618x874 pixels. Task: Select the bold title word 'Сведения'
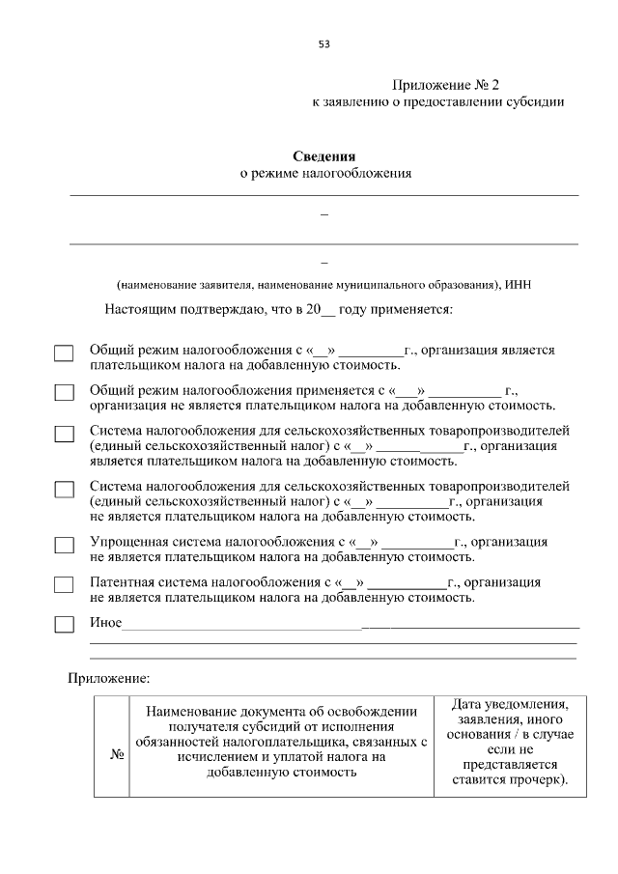(324, 156)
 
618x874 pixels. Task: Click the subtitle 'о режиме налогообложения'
(325, 174)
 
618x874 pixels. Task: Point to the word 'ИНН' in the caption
(518, 285)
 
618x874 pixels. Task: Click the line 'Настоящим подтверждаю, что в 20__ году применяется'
(279, 310)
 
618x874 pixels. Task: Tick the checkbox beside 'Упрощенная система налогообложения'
(64, 546)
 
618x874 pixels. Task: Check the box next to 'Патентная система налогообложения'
(64, 585)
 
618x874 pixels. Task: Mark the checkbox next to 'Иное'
(64, 624)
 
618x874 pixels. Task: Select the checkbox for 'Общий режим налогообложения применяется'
(64, 393)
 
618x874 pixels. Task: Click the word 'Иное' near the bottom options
(105, 623)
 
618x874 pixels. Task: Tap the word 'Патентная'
(120, 582)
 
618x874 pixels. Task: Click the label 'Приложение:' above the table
(108, 678)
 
